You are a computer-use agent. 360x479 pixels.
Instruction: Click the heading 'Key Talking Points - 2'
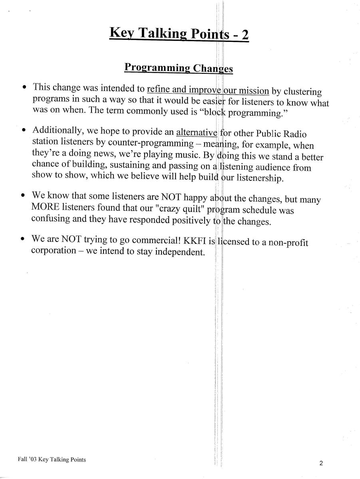click(x=179, y=34)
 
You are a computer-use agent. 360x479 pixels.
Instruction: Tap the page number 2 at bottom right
click(x=321, y=463)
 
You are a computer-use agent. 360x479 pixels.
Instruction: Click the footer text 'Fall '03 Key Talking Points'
click(x=52, y=459)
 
